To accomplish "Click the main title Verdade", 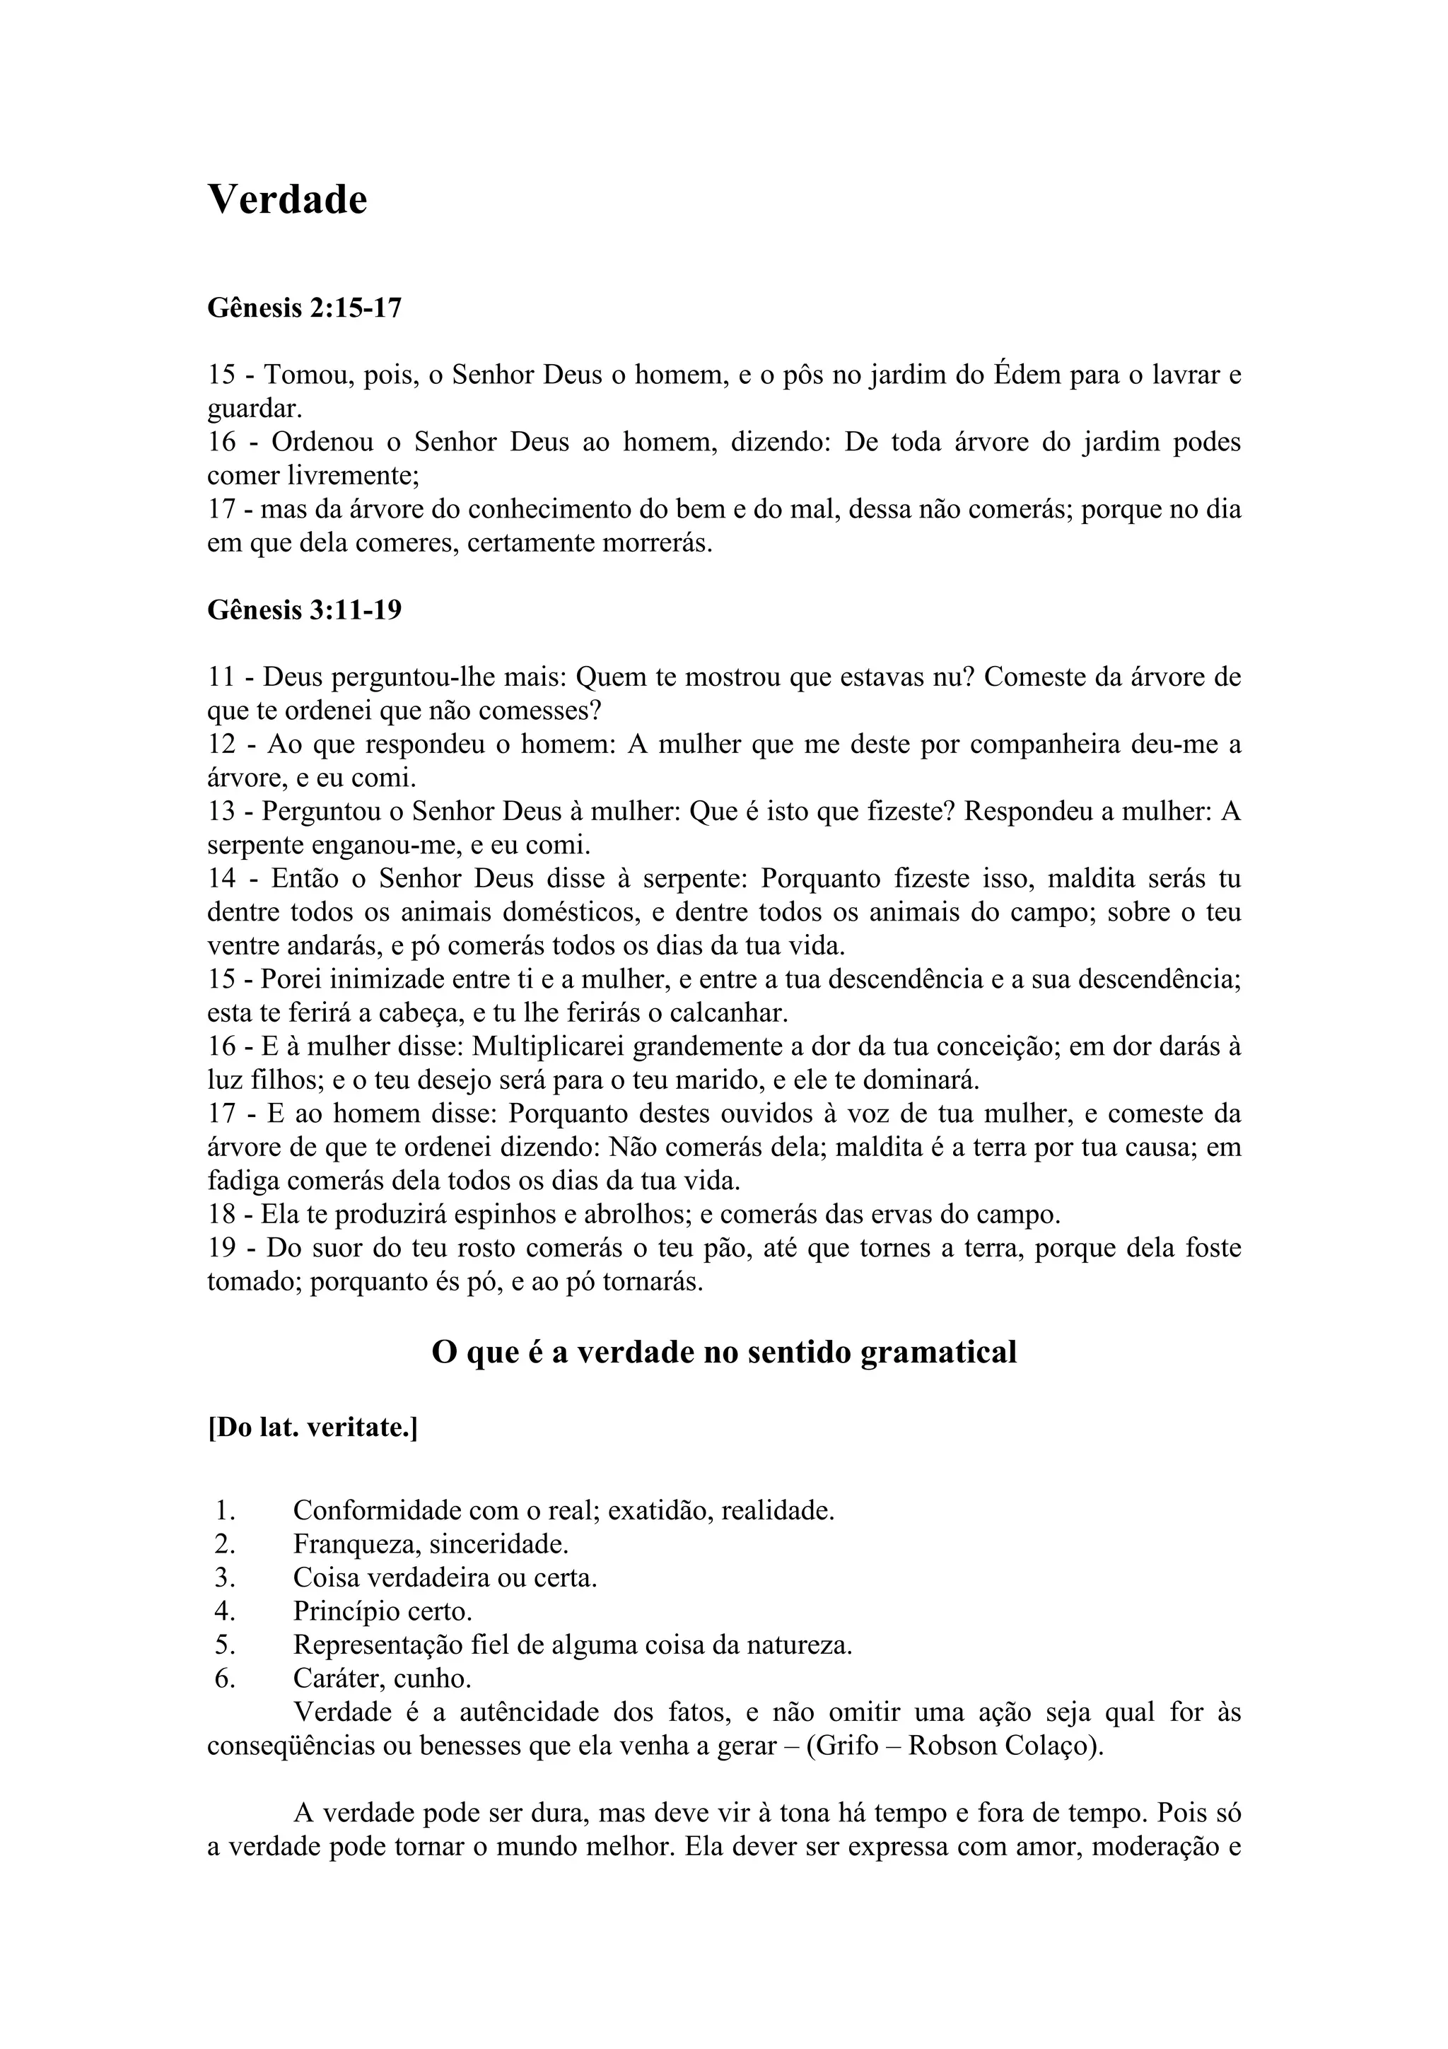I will point(287,199).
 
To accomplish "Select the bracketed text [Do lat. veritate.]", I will point(313,1429).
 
